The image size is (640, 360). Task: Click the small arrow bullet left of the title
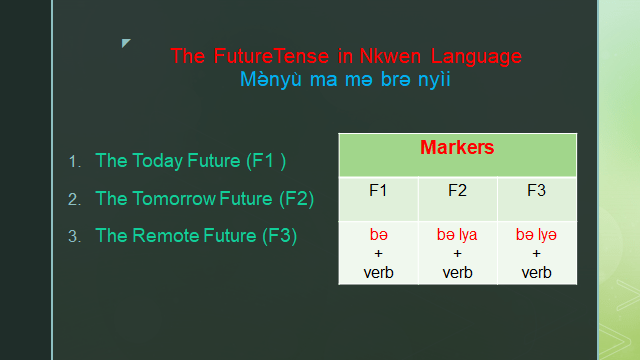click(x=126, y=43)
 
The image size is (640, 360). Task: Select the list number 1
click(x=73, y=161)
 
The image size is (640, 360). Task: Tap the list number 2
click(x=73, y=199)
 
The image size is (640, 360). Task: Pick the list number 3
click(x=73, y=237)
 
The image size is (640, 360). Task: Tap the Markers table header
click(x=457, y=148)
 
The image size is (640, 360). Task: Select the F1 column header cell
click(x=378, y=189)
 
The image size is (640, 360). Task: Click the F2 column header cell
click(x=457, y=189)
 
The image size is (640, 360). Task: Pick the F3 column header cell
click(x=536, y=189)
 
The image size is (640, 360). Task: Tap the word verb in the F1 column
click(x=378, y=271)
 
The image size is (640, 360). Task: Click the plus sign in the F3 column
click(x=536, y=254)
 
